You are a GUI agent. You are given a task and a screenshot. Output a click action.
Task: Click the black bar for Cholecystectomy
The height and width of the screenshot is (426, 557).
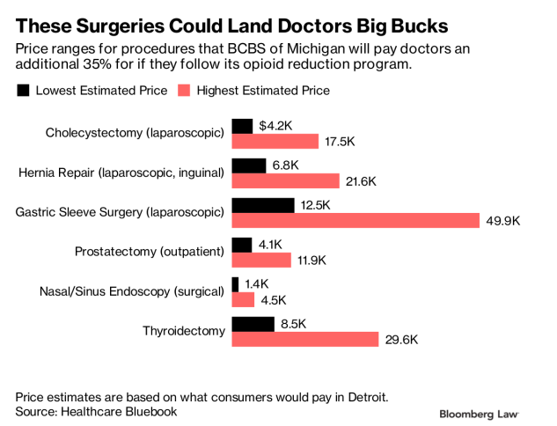pos(242,126)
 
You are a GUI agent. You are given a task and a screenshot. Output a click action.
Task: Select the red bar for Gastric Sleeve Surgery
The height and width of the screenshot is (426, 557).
pos(355,220)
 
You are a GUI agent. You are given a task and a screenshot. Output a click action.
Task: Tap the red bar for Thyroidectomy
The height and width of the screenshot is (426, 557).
pos(304,339)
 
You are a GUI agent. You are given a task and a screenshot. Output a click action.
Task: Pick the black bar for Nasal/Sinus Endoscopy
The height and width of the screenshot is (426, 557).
pos(235,284)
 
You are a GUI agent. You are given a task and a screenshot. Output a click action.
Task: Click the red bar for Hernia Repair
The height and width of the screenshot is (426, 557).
pos(285,180)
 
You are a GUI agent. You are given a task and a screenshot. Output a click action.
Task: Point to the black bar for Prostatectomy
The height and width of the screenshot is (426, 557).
pos(242,245)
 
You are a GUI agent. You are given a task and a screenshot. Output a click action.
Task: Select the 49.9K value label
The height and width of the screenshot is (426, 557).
pos(503,220)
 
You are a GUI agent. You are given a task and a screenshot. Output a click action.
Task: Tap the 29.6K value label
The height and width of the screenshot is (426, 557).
pos(402,339)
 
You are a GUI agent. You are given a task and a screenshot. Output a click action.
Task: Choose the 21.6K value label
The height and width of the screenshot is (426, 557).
pos(362,180)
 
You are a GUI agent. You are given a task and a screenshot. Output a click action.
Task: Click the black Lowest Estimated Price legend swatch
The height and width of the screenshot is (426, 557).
pos(23,90)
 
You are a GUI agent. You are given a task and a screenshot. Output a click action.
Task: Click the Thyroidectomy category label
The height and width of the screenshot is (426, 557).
pos(184,331)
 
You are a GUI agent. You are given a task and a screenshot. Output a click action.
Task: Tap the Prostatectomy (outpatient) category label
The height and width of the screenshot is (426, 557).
pos(150,252)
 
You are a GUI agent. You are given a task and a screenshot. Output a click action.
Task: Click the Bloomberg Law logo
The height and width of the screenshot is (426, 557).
pos(479,413)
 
